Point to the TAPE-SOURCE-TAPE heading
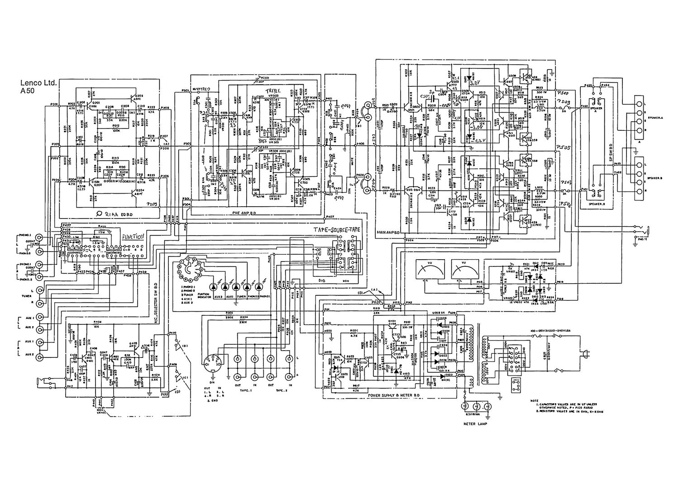point(337,230)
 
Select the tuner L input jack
point(42,290)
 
